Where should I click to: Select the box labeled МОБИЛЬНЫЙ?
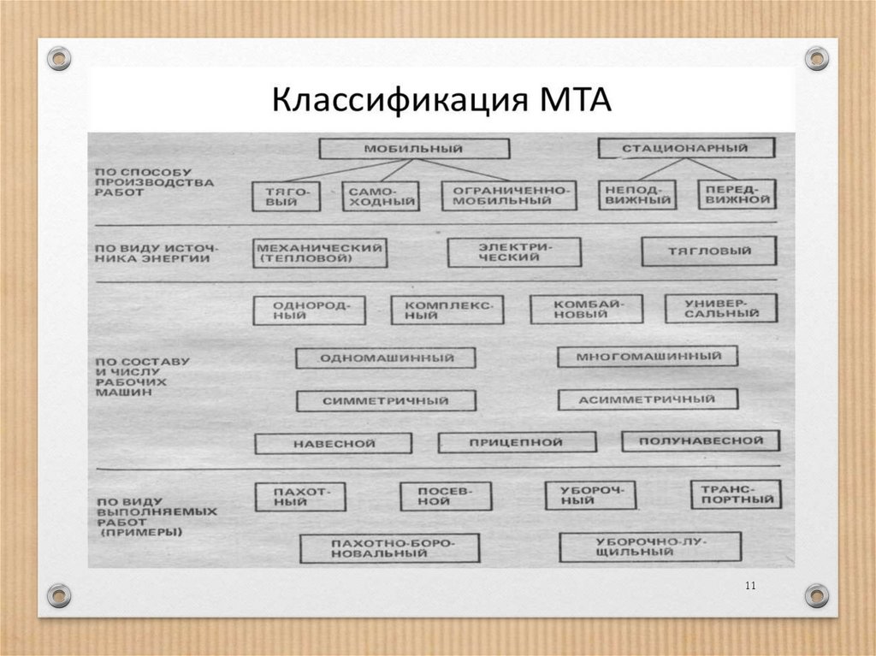coord(413,149)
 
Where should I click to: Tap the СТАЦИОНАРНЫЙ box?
coord(686,148)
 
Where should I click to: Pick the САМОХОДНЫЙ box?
coord(382,196)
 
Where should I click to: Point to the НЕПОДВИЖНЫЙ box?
coord(640,195)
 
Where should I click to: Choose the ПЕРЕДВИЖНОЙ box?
coord(737,195)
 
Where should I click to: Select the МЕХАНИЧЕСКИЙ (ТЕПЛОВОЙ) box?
coord(319,252)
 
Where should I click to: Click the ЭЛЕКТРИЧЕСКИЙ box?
coord(513,251)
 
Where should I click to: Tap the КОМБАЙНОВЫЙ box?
coord(586,309)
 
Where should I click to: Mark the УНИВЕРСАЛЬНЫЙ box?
coord(721,308)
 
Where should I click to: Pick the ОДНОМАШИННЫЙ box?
coord(385,358)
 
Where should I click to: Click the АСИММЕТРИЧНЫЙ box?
coord(647,399)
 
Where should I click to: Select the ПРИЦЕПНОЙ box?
coord(516,442)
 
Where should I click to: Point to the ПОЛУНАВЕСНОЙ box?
coord(701,440)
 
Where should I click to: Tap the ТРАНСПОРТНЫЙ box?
coord(735,494)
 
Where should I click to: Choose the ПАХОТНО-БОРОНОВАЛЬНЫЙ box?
coord(388,548)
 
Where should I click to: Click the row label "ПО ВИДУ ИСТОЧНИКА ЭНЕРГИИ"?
coord(154,252)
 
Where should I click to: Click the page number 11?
coord(750,585)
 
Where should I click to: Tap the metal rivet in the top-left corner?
coord(58,59)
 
